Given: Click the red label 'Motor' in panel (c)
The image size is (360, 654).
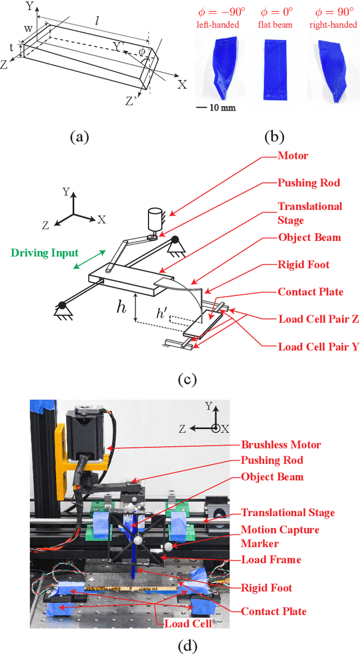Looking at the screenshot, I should (293, 155).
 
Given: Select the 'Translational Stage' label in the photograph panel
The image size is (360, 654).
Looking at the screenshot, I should (288, 513).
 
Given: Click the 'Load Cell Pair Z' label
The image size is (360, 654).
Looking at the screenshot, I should (318, 319).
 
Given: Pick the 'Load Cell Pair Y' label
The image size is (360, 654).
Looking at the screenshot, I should (318, 347).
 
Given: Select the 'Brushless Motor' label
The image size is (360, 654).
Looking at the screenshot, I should (281, 445).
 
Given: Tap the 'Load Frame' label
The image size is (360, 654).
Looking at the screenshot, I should (271, 560).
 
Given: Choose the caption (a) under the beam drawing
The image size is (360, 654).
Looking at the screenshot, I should (78, 136).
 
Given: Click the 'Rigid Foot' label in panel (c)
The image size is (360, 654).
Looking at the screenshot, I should (304, 265).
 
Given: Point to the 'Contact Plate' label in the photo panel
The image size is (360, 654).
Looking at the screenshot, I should (274, 611).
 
